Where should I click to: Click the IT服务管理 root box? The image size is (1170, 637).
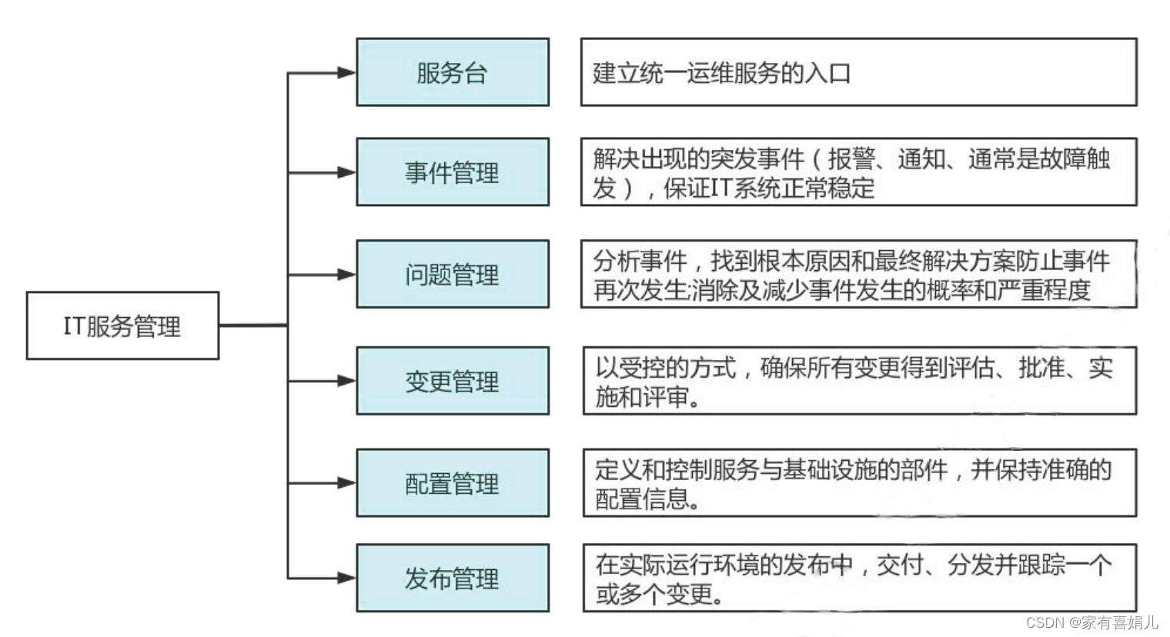pos(122,325)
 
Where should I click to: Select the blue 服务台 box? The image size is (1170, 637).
pos(453,72)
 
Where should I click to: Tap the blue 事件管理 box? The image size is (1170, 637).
pos(453,172)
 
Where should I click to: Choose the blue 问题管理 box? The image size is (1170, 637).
pos(453,274)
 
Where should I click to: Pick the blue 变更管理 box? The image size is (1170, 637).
pos(453,381)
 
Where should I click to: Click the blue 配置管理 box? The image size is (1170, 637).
pos(453,483)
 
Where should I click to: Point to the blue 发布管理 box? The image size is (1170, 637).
pos(453,578)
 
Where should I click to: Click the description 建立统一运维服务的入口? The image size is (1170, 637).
pos(721,73)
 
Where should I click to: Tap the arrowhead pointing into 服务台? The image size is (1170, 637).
pos(346,72)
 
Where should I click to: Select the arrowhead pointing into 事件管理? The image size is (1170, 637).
pos(346,172)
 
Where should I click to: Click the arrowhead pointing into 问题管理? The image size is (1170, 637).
pos(346,274)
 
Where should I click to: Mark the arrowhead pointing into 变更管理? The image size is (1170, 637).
pos(346,381)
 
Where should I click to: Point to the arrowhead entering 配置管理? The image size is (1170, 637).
pos(346,483)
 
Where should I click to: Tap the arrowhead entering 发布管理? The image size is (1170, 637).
pos(346,578)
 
